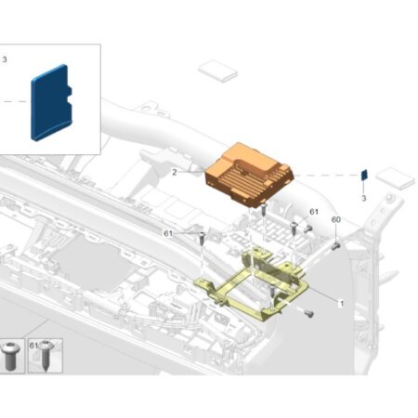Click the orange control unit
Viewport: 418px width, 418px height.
click(249, 175)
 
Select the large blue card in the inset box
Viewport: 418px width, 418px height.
click(51, 103)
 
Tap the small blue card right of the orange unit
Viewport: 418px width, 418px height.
click(364, 175)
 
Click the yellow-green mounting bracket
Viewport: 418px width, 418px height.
click(251, 285)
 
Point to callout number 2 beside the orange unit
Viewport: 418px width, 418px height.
click(175, 172)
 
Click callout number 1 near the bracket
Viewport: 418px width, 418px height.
click(342, 304)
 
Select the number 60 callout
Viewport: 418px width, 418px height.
click(336, 219)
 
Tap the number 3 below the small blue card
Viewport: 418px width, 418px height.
click(364, 198)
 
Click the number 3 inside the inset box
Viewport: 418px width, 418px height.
click(5, 59)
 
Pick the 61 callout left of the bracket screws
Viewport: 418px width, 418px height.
click(168, 233)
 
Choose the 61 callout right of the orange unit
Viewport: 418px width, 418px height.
click(314, 212)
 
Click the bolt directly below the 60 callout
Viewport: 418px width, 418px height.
click(335, 246)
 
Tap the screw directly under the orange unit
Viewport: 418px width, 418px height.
click(264, 209)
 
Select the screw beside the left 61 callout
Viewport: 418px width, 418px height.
click(202, 238)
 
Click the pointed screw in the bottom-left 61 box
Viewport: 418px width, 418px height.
click(46, 356)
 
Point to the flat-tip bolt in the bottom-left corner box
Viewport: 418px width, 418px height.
click(10, 356)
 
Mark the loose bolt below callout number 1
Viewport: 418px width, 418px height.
click(309, 314)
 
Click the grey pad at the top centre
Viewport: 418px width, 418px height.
click(217, 71)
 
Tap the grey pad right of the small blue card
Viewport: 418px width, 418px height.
click(395, 178)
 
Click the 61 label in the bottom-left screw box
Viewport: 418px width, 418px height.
click(33, 346)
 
